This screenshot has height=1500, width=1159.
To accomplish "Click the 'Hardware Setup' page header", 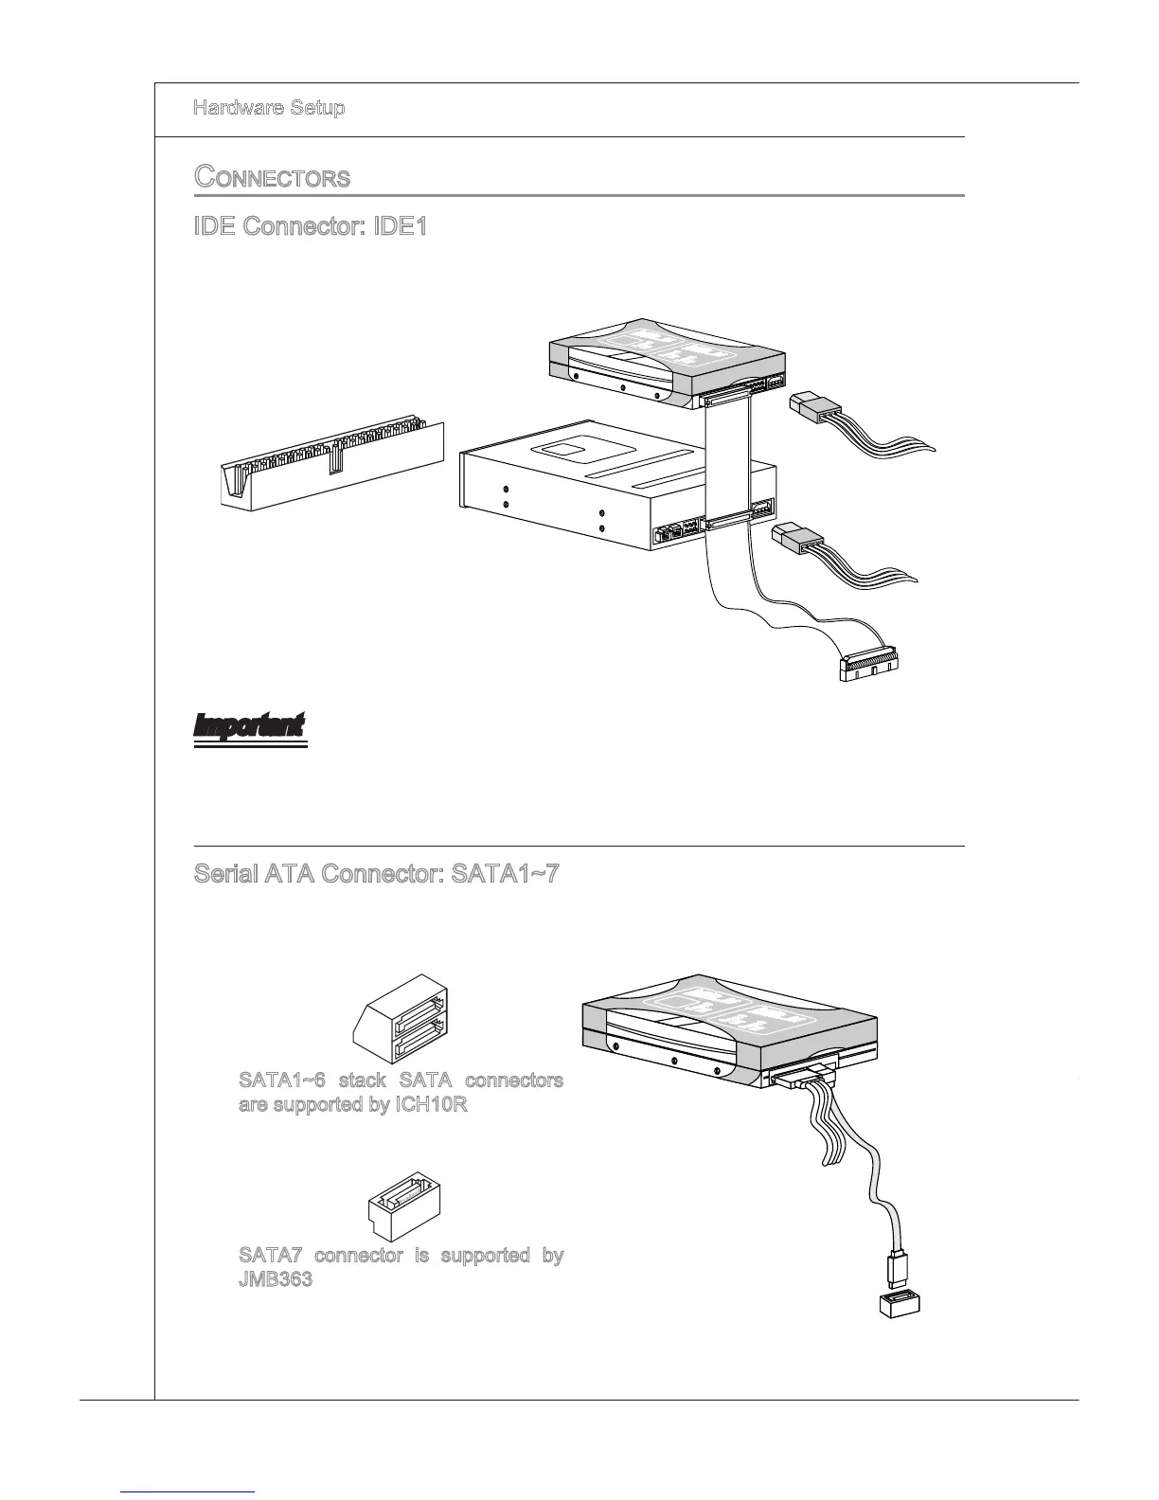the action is (x=269, y=107).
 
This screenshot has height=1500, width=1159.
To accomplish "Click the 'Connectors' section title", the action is (x=272, y=177).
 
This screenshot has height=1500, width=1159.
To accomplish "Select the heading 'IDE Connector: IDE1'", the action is (x=310, y=227).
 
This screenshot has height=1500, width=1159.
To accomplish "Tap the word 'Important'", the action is (x=249, y=726).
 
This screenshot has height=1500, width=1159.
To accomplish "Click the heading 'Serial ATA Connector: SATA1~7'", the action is (x=376, y=873).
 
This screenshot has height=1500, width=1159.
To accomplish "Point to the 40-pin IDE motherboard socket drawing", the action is (x=331, y=463).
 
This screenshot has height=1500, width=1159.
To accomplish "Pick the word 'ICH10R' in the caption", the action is (x=430, y=1104).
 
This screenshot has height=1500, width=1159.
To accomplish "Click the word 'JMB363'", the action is (x=276, y=1280).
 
